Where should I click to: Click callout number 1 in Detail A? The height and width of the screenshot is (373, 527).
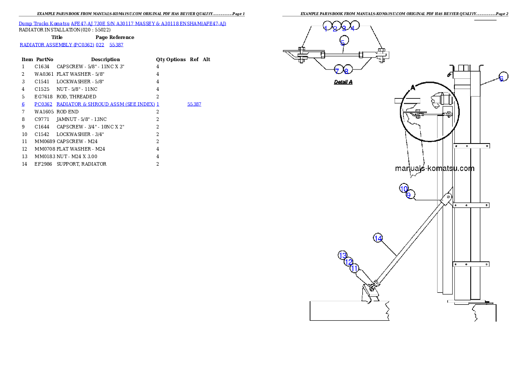click(326, 28)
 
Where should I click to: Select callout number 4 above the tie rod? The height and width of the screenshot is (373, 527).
click(353, 28)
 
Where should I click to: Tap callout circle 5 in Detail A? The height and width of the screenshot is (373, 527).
click(343, 43)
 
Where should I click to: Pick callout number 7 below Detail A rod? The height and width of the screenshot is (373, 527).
click(337, 71)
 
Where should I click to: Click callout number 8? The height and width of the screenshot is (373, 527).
click(346, 71)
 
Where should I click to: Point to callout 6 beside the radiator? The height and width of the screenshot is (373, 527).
click(501, 78)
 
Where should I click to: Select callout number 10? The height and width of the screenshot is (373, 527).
click(403, 189)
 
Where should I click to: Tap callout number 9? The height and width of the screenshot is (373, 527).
click(409, 195)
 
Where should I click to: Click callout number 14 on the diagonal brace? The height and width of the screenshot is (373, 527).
click(378, 238)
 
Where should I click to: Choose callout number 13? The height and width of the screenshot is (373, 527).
click(342, 256)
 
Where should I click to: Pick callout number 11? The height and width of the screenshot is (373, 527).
click(354, 268)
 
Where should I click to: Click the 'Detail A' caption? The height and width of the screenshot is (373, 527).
click(343, 82)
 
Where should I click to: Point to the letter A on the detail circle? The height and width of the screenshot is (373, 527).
click(413, 88)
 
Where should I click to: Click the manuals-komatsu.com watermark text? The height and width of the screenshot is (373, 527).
click(434, 168)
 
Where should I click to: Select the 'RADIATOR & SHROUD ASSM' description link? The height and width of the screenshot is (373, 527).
click(106, 105)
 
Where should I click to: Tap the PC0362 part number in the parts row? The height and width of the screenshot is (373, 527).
click(43, 105)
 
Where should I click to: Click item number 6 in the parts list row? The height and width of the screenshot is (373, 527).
click(23, 105)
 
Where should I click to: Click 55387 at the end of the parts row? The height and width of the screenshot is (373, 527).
click(194, 105)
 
